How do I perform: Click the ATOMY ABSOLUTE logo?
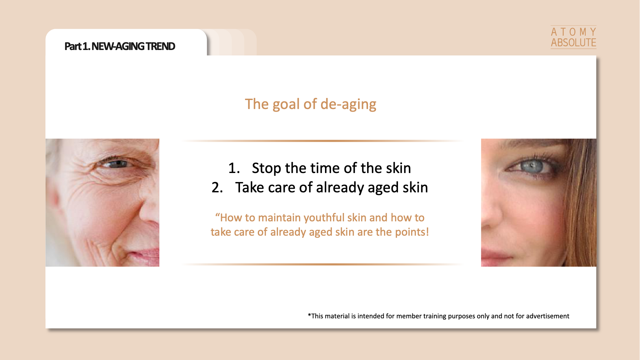[x=573, y=37]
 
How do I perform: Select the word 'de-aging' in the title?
[x=348, y=104]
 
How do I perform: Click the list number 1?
[x=234, y=168]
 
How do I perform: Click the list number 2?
[x=217, y=187]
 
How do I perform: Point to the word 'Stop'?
[x=266, y=168]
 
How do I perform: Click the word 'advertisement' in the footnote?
[x=548, y=316]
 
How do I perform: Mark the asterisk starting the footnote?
[x=309, y=315]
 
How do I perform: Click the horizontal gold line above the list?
[x=322, y=141]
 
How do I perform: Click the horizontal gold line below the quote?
[x=322, y=264]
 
